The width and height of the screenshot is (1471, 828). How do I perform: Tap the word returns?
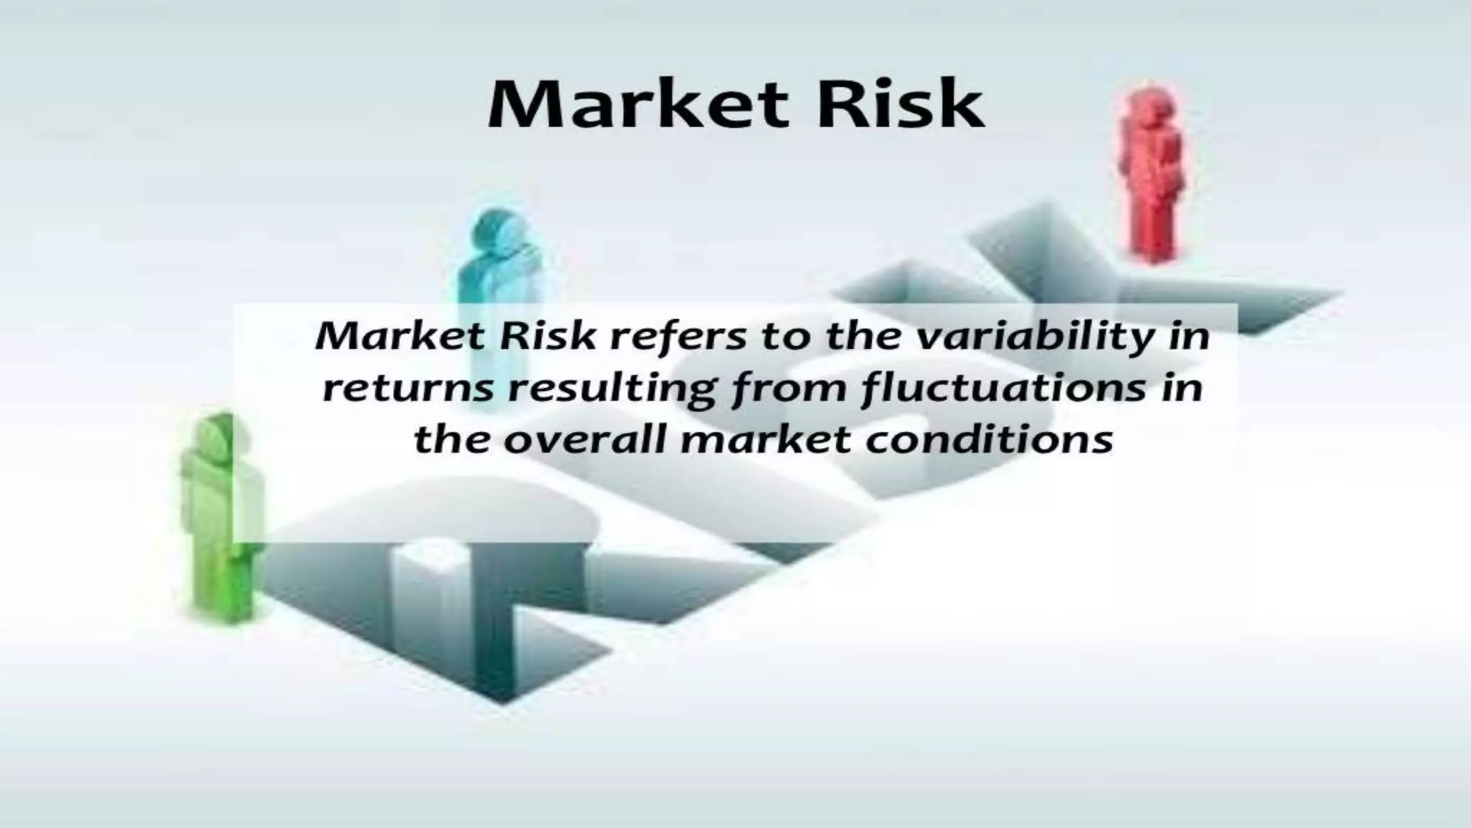click(408, 389)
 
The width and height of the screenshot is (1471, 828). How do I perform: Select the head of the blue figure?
click(496, 229)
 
